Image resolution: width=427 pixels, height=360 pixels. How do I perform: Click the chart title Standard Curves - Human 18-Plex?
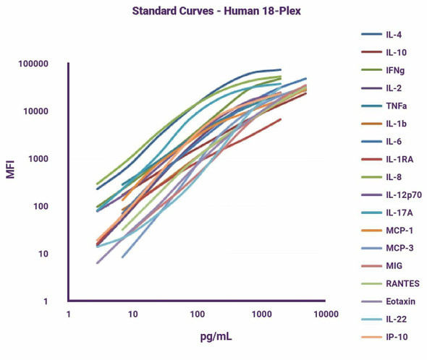213,12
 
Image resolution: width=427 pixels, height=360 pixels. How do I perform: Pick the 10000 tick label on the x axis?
325,314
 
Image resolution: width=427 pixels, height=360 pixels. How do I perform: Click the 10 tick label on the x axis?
133,314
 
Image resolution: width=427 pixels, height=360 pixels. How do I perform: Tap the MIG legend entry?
396,265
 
